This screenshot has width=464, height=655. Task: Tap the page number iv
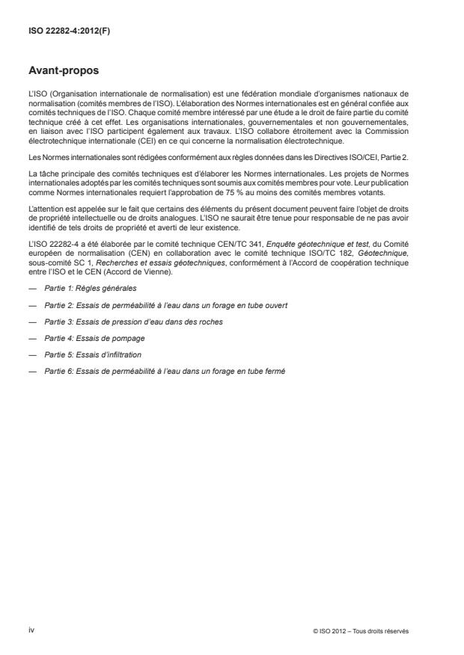[x=32, y=630]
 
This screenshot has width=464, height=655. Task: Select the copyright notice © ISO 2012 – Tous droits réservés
[x=361, y=631]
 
